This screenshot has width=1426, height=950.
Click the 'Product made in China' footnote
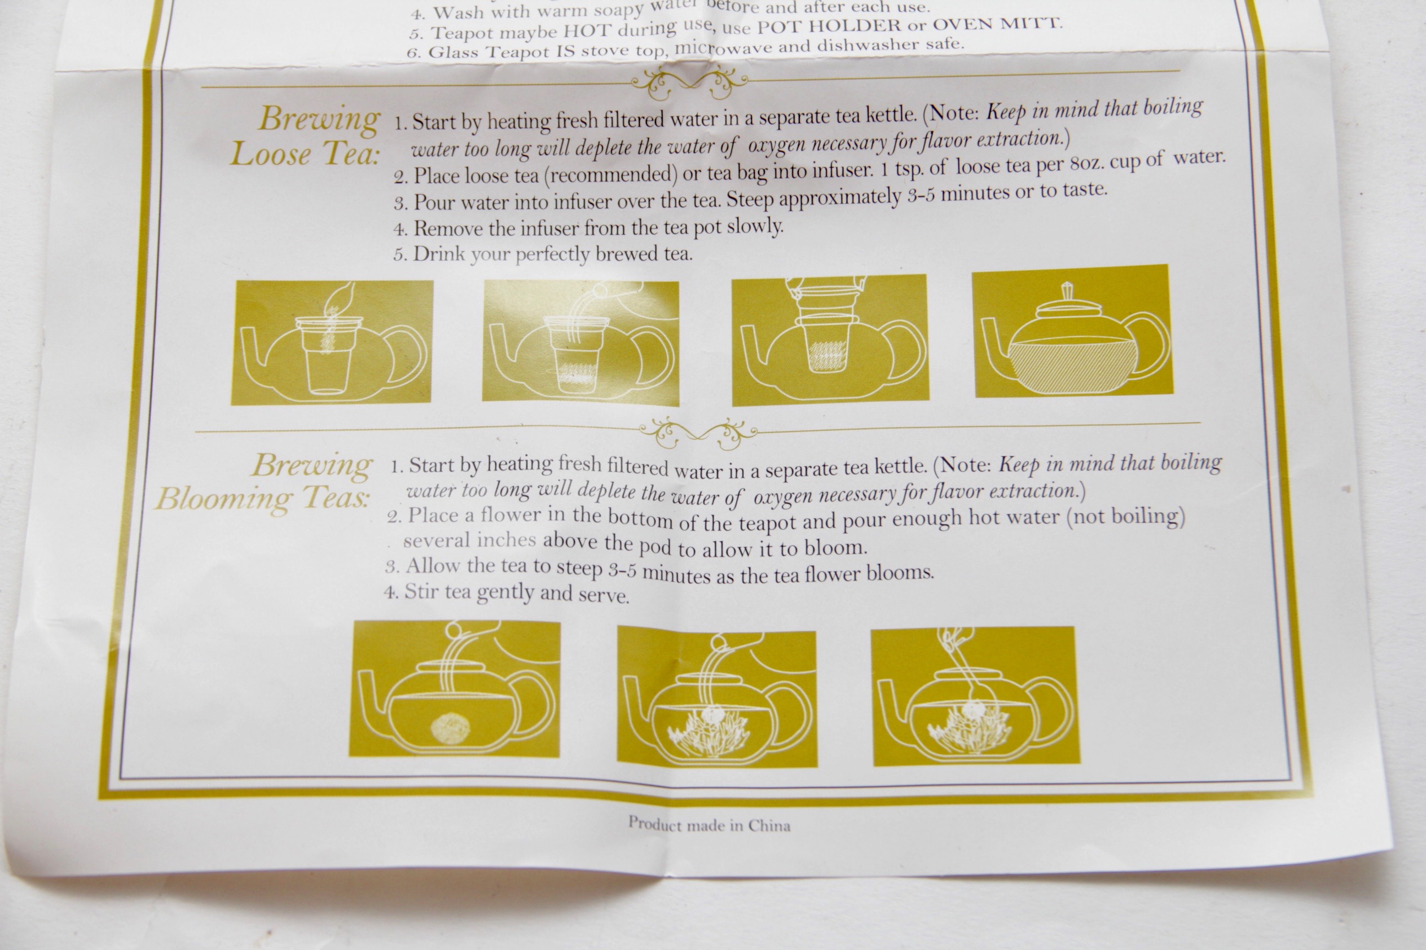(709, 825)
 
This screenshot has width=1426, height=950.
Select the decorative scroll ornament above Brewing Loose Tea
(689, 83)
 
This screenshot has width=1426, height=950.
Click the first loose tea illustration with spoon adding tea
(332, 343)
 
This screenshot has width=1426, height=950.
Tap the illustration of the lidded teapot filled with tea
(1073, 332)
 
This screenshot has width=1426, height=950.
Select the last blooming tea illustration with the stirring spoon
(975, 696)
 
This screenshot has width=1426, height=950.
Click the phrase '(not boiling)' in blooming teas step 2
(1125, 516)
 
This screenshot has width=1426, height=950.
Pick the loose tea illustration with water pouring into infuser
(580, 343)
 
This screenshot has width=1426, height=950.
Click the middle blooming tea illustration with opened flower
(717, 697)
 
